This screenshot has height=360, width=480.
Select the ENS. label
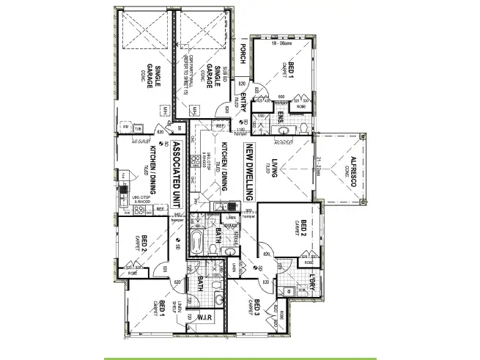point(281,118)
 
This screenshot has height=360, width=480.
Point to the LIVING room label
point(274,168)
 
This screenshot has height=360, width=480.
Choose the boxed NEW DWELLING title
point(249,172)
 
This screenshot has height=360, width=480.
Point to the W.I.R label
point(203,317)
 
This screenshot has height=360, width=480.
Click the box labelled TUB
point(136,129)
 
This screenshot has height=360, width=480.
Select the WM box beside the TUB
point(125,129)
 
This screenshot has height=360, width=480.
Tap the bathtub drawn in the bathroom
point(196,242)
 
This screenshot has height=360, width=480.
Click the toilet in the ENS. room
point(285,130)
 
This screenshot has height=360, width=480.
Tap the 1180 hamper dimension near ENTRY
point(240,131)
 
